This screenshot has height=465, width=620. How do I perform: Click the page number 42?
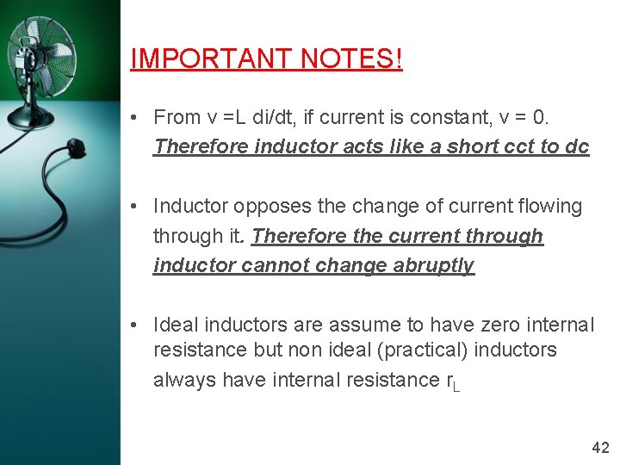pos(600,447)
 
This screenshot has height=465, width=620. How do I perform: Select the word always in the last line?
pos(184,380)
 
